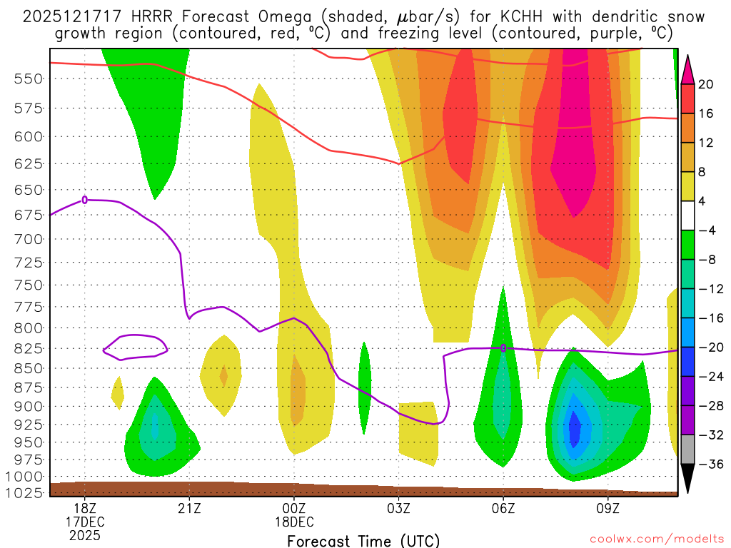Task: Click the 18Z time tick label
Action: point(85,508)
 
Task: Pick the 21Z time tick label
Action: point(189,508)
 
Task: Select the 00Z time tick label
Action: point(294,508)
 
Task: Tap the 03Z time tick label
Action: point(398,508)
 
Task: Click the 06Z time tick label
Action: point(503,508)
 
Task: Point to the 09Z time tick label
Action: point(608,508)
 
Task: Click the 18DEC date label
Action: point(294,522)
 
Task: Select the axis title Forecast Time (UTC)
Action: point(363,540)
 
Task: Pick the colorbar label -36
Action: point(709,464)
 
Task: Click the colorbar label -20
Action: point(709,347)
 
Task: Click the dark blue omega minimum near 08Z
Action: point(575,427)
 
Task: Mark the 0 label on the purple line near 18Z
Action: point(85,200)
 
